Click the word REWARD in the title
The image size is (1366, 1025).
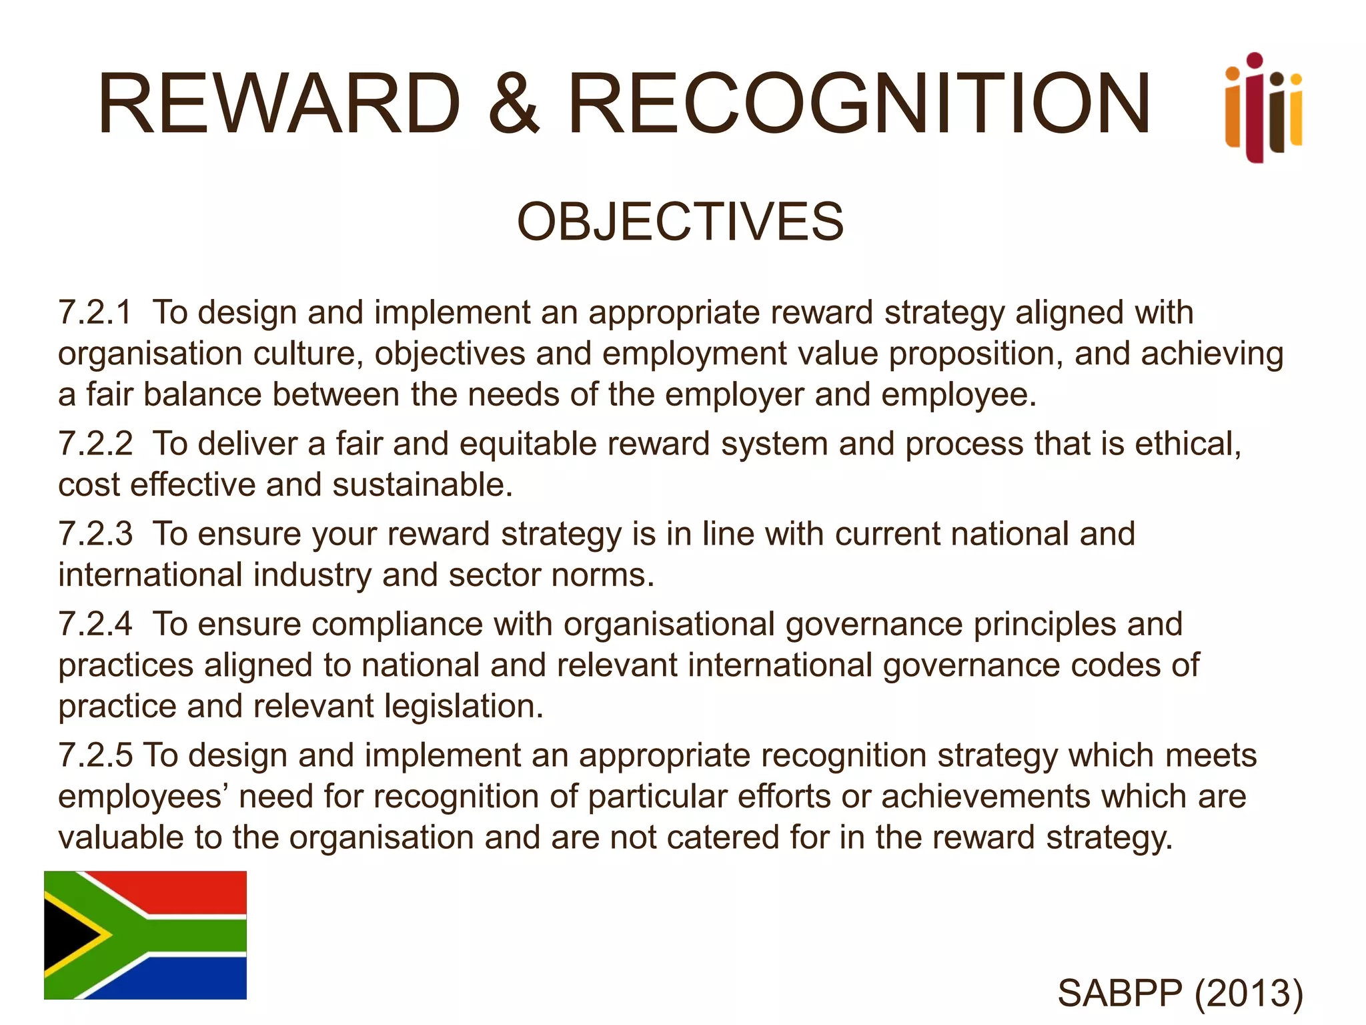pyautogui.click(x=279, y=104)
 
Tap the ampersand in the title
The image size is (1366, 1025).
pyautogui.click(x=513, y=104)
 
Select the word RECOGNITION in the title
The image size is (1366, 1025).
pyautogui.click(x=859, y=104)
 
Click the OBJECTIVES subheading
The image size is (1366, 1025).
pyautogui.click(x=680, y=222)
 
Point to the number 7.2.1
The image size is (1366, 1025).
pyautogui.click(x=95, y=312)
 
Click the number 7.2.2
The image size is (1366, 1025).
pyautogui.click(x=95, y=444)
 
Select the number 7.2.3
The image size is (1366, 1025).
pyautogui.click(x=95, y=534)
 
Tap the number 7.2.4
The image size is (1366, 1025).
pyautogui.click(x=95, y=624)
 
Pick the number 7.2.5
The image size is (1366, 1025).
pyautogui.click(x=95, y=755)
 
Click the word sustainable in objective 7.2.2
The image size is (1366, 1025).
pyautogui.click(x=422, y=484)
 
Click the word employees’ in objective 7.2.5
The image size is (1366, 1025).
pyautogui.click(x=143, y=797)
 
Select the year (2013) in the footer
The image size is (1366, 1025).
pyautogui.click(x=1249, y=993)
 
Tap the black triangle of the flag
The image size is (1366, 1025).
pyautogui.click(x=67, y=935)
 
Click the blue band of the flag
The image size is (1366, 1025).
pyautogui.click(x=200, y=978)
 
